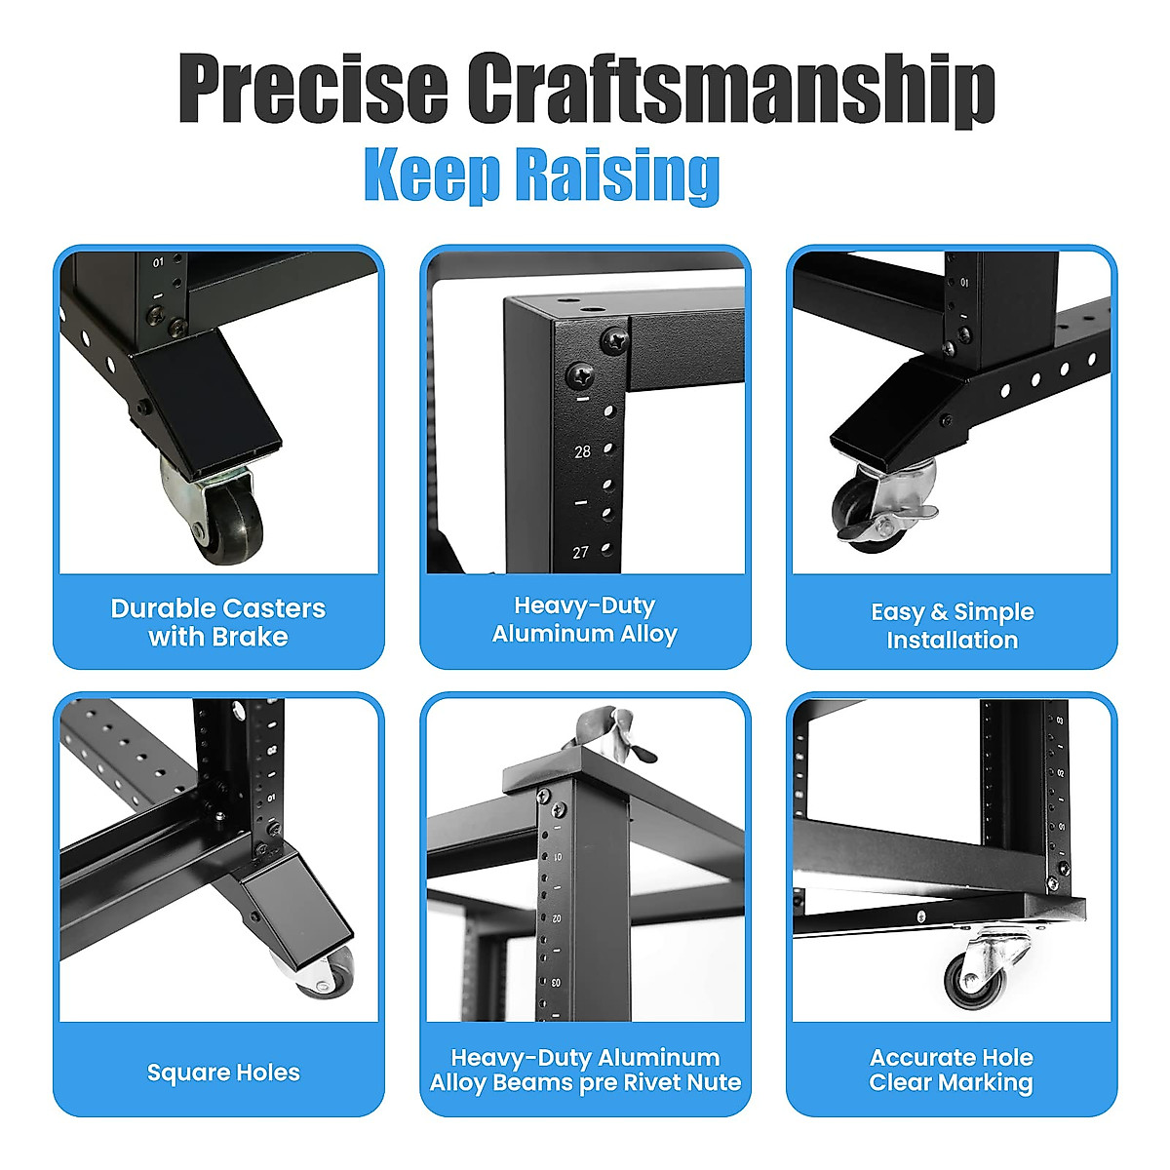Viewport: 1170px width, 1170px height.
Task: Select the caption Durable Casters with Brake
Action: pos(218,622)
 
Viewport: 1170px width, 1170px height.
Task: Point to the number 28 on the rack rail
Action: pos(583,452)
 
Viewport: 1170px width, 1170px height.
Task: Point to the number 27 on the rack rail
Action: pos(581,553)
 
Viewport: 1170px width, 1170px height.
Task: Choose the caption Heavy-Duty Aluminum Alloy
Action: pos(585,619)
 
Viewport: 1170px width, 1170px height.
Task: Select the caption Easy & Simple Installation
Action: pos(952,626)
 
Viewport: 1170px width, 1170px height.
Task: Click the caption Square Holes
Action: pos(223,1072)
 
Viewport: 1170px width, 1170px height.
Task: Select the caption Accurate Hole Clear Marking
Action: pos(952,1070)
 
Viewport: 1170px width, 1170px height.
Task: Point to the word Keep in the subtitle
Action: pos(433,175)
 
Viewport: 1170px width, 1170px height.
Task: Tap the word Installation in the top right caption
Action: pos(952,641)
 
